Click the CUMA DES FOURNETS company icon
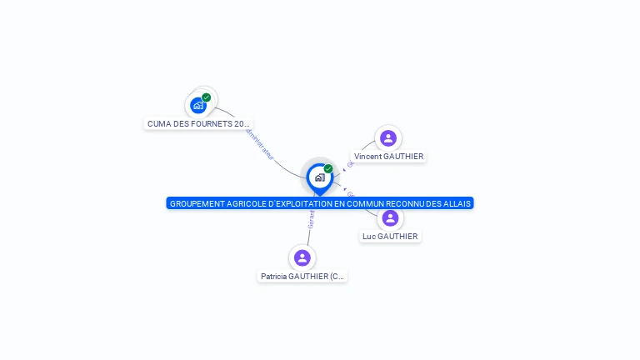pyautogui.click(x=197, y=105)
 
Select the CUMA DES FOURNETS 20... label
pyautogui.click(x=198, y=123)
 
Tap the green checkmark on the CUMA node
pyautogui.click(x=207, y=97)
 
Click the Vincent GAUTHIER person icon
pyautogui.click(x=387, y=138)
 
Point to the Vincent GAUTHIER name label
pyautogui.click(x=388, y=157)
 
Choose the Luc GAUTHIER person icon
pyautogui.click(x=390, y=218)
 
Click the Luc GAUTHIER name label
pyautogui.click(x=390, y=237)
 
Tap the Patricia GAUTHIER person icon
pyautogui.click(x=302, y=257)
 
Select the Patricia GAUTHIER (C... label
pyautogui.click(x=302, y=277)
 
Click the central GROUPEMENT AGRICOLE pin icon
pyautogui.click(x=319, y=177)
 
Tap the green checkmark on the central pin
pyautogui.click(x=328, y=169)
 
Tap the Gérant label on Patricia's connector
pyautogui.click(x=312, y=218)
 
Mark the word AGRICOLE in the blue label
pyautogui.click(x=242, y=203)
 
